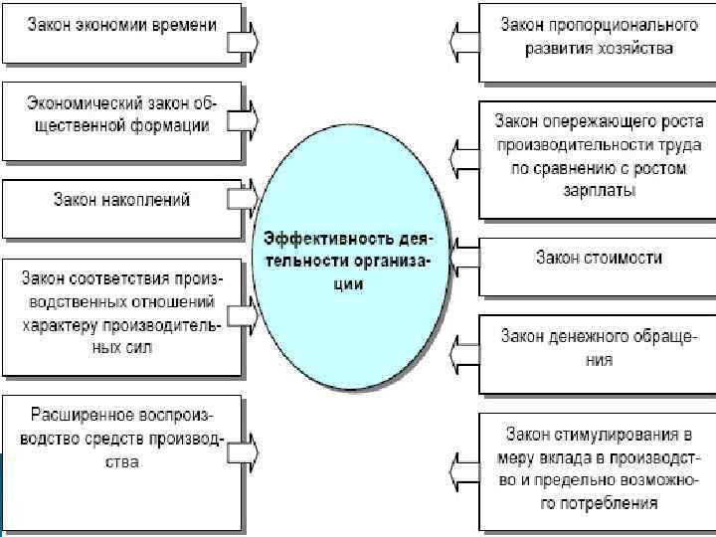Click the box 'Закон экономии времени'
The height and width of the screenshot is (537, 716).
point(119,28)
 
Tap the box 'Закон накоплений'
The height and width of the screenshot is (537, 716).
point(119,199)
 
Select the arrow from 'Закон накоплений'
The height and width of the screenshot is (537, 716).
point(242,199)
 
